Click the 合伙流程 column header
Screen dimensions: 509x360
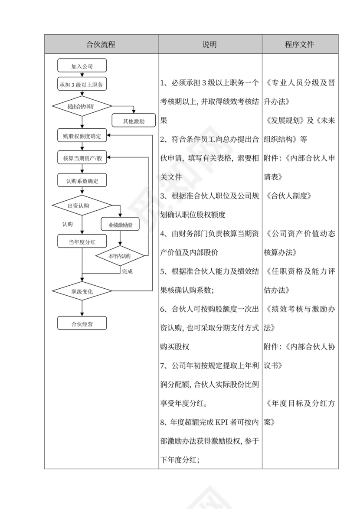click(x=101, y=44)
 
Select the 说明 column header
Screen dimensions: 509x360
click(x=210, y=44)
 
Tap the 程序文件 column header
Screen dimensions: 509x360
click(x=300, y=44)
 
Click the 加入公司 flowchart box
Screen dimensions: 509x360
click(x=82, y=66)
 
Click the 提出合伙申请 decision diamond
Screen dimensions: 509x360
click(x=82, y=106)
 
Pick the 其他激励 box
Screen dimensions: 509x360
click(x=134, y=121)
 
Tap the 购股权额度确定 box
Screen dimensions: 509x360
click(x=82, y=136)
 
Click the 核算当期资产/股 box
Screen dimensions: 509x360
click(x=82, y=158)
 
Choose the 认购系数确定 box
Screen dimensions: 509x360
click(x=82, y=181)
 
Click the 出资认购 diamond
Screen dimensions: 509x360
click(x=82, y=206)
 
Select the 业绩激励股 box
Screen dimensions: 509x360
click(x=120, y=225)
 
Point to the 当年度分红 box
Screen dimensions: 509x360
click(x=82, y=242)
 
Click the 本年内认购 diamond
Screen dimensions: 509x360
click(x=120, y=256)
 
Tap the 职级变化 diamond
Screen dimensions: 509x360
click(x=82, y=291)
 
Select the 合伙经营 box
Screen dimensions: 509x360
click(x=82, y=323)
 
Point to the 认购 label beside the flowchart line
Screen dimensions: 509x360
click(x=67, y=224)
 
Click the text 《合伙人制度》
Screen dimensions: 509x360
click(x=289, y=196)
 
